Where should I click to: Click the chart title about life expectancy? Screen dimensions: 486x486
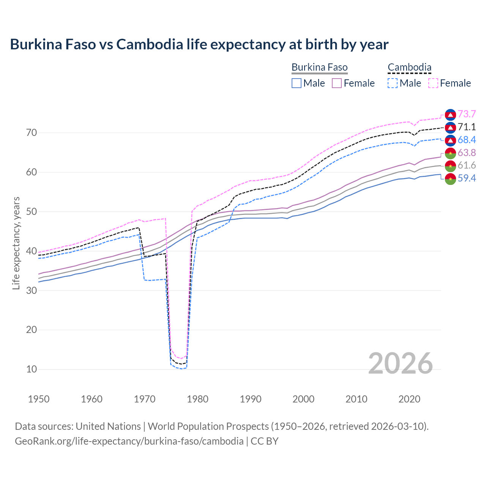coord(199,44)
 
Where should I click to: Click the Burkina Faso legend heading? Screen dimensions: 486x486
coord(319,67)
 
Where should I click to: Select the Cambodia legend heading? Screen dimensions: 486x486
coord(409,67)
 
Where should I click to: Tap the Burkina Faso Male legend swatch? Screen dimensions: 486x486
coord(297,83)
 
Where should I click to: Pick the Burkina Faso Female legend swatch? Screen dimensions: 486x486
coord(337,83)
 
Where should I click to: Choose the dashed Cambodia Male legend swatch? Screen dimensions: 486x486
coord(393,83)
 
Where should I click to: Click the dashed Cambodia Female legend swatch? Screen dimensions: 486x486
coord(433,83)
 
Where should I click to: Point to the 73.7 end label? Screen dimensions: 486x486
coord(467,114)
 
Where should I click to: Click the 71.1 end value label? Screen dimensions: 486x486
coord(467,127)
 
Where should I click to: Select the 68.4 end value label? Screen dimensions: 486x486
coord(467,140)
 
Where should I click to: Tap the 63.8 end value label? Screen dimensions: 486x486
coord(467,153)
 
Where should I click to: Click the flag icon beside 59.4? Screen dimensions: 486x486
coord(450,178)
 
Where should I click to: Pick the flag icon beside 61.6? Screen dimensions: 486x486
coord(450,166)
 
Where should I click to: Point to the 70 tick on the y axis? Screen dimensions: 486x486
coord(32,133)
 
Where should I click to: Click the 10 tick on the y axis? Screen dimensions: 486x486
coord(32,369)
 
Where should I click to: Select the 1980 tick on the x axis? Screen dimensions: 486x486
coord(197,399)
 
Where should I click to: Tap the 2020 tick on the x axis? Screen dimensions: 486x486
coord(409,399)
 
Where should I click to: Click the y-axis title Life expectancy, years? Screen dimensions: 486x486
coord(16,243)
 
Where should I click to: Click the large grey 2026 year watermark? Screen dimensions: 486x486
coord(400,363)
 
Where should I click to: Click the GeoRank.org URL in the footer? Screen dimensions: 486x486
coord(129,441)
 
